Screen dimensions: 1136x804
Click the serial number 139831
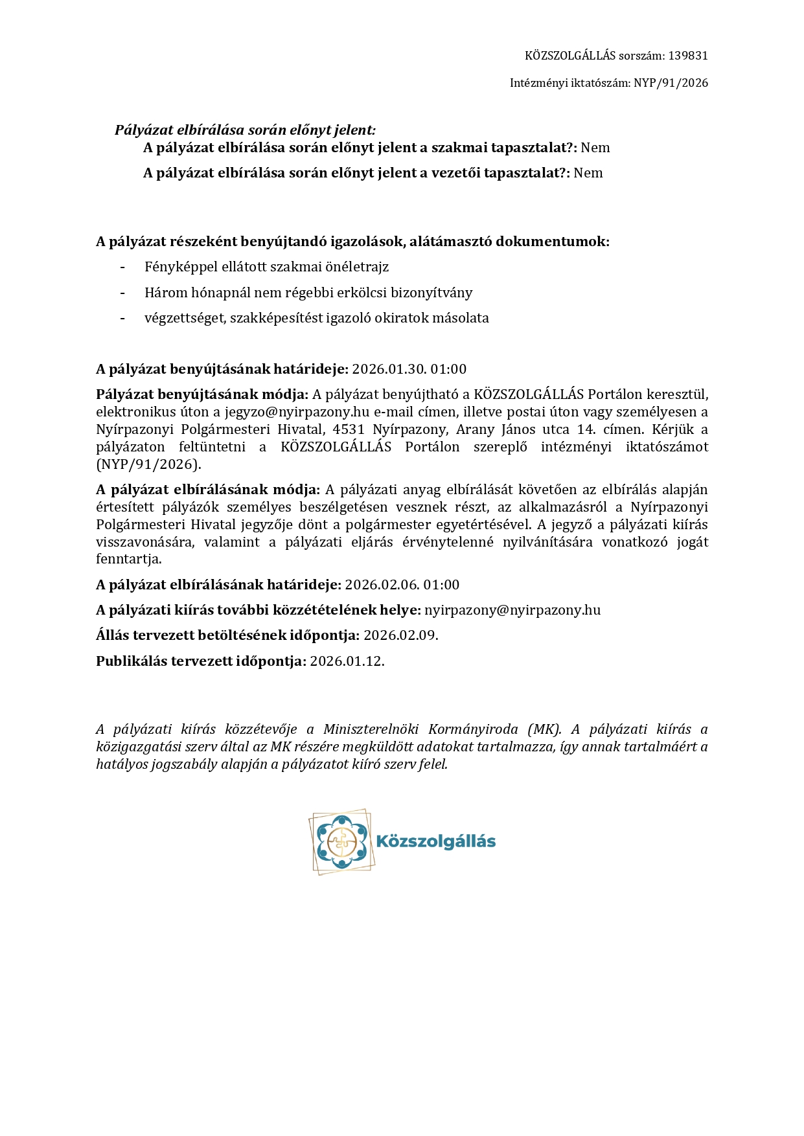point(687,56)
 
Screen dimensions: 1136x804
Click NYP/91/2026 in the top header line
point(671,83)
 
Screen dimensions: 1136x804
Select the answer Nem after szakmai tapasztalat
point(595,148)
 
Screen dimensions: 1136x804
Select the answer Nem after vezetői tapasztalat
point(588,173)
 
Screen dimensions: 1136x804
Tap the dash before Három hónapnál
point(122,293)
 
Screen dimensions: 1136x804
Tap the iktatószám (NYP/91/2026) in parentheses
point(148,464)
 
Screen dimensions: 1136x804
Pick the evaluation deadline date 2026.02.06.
point(382,585)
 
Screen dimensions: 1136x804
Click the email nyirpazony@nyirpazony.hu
point(512,610)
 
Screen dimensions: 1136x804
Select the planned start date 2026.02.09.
point(400,635)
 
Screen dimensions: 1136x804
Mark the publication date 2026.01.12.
point(347,661)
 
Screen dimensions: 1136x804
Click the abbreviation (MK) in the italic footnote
point(544,729)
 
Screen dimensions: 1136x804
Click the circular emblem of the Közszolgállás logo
point(341,841)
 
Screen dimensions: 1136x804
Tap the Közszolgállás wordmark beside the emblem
point(436,841)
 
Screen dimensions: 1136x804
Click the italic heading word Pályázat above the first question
point(144,130)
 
